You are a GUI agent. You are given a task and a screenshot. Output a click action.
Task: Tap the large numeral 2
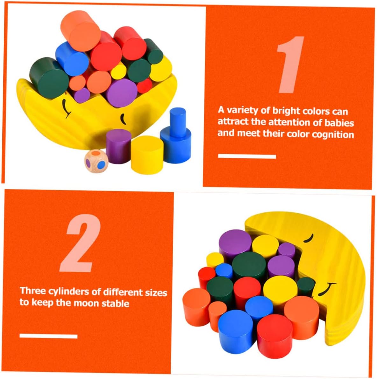pyautogui.click(x=80, y=243)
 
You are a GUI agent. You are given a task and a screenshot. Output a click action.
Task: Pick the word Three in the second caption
pyautogui.click(x=33, y=291)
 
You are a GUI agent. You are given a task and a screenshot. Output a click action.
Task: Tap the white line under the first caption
pyautogui.click(x=247, y=156)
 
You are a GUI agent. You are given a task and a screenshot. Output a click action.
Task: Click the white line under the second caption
pyautogui.click(x=48, y=336)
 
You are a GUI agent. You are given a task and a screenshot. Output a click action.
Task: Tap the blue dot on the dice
pyautogui.click(x=102, y=165)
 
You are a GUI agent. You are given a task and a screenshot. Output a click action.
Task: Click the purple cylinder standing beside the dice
pyautogui.click(x=118, y=146)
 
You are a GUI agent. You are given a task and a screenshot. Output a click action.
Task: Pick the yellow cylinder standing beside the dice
pyautogui.click(x=147, y=155)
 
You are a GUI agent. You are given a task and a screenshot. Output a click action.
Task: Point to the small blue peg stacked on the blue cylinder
pyautogui.click(x=178, y=122)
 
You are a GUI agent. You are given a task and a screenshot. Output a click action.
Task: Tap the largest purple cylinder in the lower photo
pyautogui.click(x=235, y=243)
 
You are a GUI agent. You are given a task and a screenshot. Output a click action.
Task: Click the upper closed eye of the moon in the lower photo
pyautogui.click(x=309, y=238)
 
